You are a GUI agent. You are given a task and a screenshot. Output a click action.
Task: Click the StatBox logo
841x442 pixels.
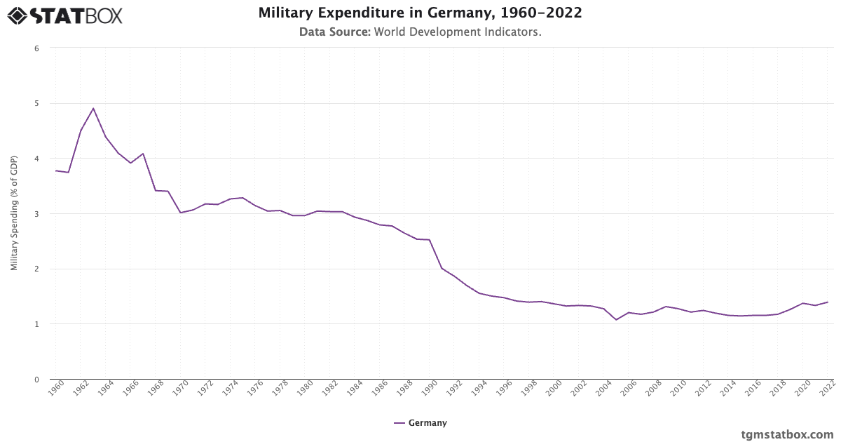[x=65, y=15]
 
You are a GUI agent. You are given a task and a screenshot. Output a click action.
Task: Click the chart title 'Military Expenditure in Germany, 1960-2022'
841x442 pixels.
[x=420, y=13]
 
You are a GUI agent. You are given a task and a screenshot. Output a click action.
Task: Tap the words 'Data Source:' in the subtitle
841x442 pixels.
[x=335, y=32]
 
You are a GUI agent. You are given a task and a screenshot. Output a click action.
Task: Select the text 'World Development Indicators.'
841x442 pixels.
[x=458, y=32]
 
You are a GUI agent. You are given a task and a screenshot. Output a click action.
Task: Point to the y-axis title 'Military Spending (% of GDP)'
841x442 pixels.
[x=14, y=213]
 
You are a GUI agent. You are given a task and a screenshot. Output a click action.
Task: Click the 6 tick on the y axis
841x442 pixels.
[x=36, y=48]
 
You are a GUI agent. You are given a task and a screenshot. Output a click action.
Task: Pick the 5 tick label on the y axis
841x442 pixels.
[x=36, y=103]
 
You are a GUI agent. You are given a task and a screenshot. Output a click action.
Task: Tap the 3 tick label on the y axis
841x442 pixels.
[x=36, y=214]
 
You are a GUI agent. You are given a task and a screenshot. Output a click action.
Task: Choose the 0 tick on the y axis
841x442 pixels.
[x=36, y=380]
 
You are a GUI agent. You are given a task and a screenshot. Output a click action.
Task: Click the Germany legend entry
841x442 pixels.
[x=420, y=423]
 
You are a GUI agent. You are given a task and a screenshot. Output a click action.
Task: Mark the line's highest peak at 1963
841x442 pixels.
[x=93, y=108]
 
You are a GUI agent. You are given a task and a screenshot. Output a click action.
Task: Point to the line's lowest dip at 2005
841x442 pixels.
[x=616, y=320]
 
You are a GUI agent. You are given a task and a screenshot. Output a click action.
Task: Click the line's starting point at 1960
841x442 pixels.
[x=56, y=170]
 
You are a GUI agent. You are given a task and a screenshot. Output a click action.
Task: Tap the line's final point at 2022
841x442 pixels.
[x=828, y=302]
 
